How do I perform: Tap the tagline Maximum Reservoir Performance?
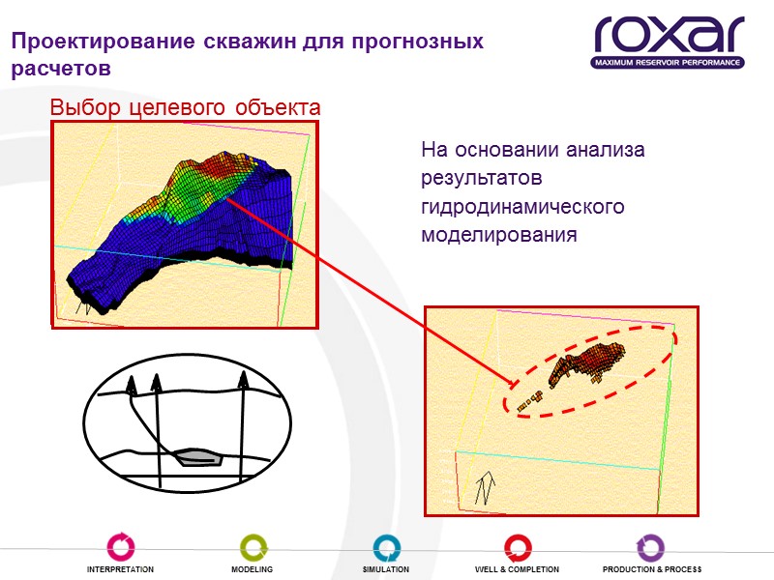(668, 63)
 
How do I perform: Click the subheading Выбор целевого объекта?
(185, 106)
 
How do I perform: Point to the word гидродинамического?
(523, 207)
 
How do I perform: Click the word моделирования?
(498, 235)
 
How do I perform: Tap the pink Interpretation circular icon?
(121, 548)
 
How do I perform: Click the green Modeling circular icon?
(252, 548)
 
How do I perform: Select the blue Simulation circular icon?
(386, 548)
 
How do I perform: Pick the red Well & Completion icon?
(517, 548)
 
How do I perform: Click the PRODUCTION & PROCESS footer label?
(651, 569)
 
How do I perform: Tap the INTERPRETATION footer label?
(121, 569)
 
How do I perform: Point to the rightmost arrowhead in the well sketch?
(243, 378)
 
